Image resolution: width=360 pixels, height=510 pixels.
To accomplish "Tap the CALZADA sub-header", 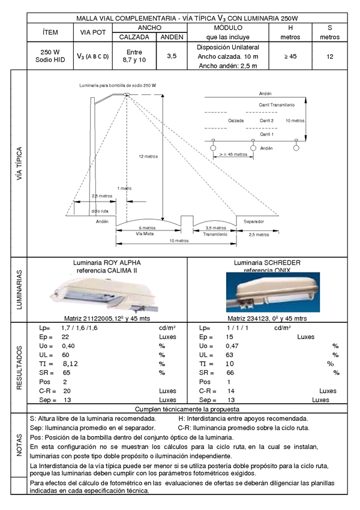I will point(134,37).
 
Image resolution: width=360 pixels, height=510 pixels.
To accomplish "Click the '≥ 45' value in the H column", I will point(290,56).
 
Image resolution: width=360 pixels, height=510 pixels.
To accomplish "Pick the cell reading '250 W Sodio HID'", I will point(51,56).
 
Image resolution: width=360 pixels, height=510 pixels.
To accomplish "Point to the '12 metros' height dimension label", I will point(148,156).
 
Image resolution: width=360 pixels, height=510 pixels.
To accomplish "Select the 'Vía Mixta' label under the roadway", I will point(146,233).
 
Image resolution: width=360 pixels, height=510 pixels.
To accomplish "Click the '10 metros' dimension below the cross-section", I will point(178,241).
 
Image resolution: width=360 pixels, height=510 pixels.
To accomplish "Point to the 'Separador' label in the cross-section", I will point(253,222).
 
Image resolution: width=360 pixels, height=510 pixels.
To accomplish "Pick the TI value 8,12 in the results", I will point(71,364).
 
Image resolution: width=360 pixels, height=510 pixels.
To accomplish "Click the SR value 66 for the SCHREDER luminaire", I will point(230,373).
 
